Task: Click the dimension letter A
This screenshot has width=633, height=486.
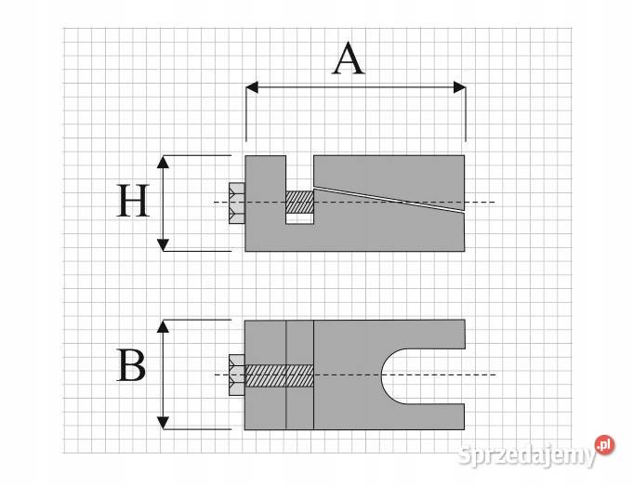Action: (349, 59)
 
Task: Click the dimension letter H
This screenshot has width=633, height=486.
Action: (133, 201)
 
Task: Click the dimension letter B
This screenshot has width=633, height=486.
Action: (131, 365)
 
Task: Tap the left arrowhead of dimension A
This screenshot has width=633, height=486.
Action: (252, 87)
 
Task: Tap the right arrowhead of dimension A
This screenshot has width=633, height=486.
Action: (460, 87)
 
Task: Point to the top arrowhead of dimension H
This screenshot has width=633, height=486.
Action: (163, 162)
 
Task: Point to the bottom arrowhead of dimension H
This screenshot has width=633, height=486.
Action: (163, 244)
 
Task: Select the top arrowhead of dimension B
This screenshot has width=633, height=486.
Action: (163, 326)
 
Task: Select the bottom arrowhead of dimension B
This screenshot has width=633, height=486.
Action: (163, 423)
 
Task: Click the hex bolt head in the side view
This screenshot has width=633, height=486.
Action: (237, 203)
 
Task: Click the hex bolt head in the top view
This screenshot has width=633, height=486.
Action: (237, 375)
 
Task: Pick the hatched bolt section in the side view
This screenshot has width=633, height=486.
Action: (299, 203)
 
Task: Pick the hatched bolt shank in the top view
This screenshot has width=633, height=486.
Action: (280, 375)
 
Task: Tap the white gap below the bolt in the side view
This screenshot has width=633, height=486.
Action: (299, 218)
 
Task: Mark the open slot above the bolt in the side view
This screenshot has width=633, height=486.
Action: (299, 173)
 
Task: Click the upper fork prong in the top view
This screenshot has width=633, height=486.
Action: (434, 335)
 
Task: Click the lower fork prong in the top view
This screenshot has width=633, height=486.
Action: (434, 416)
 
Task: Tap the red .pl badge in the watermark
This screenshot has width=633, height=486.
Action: (604, 445)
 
